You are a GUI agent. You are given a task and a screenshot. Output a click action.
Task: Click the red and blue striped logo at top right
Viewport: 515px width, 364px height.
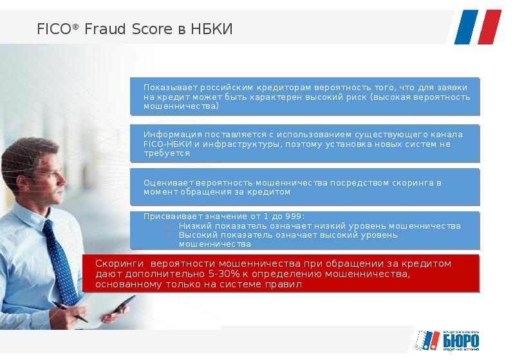point(477,26)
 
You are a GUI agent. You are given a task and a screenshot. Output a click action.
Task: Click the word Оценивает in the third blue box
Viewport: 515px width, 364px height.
point(165,182)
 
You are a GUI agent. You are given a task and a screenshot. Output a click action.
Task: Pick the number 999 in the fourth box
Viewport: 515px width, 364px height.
point(293,216)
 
